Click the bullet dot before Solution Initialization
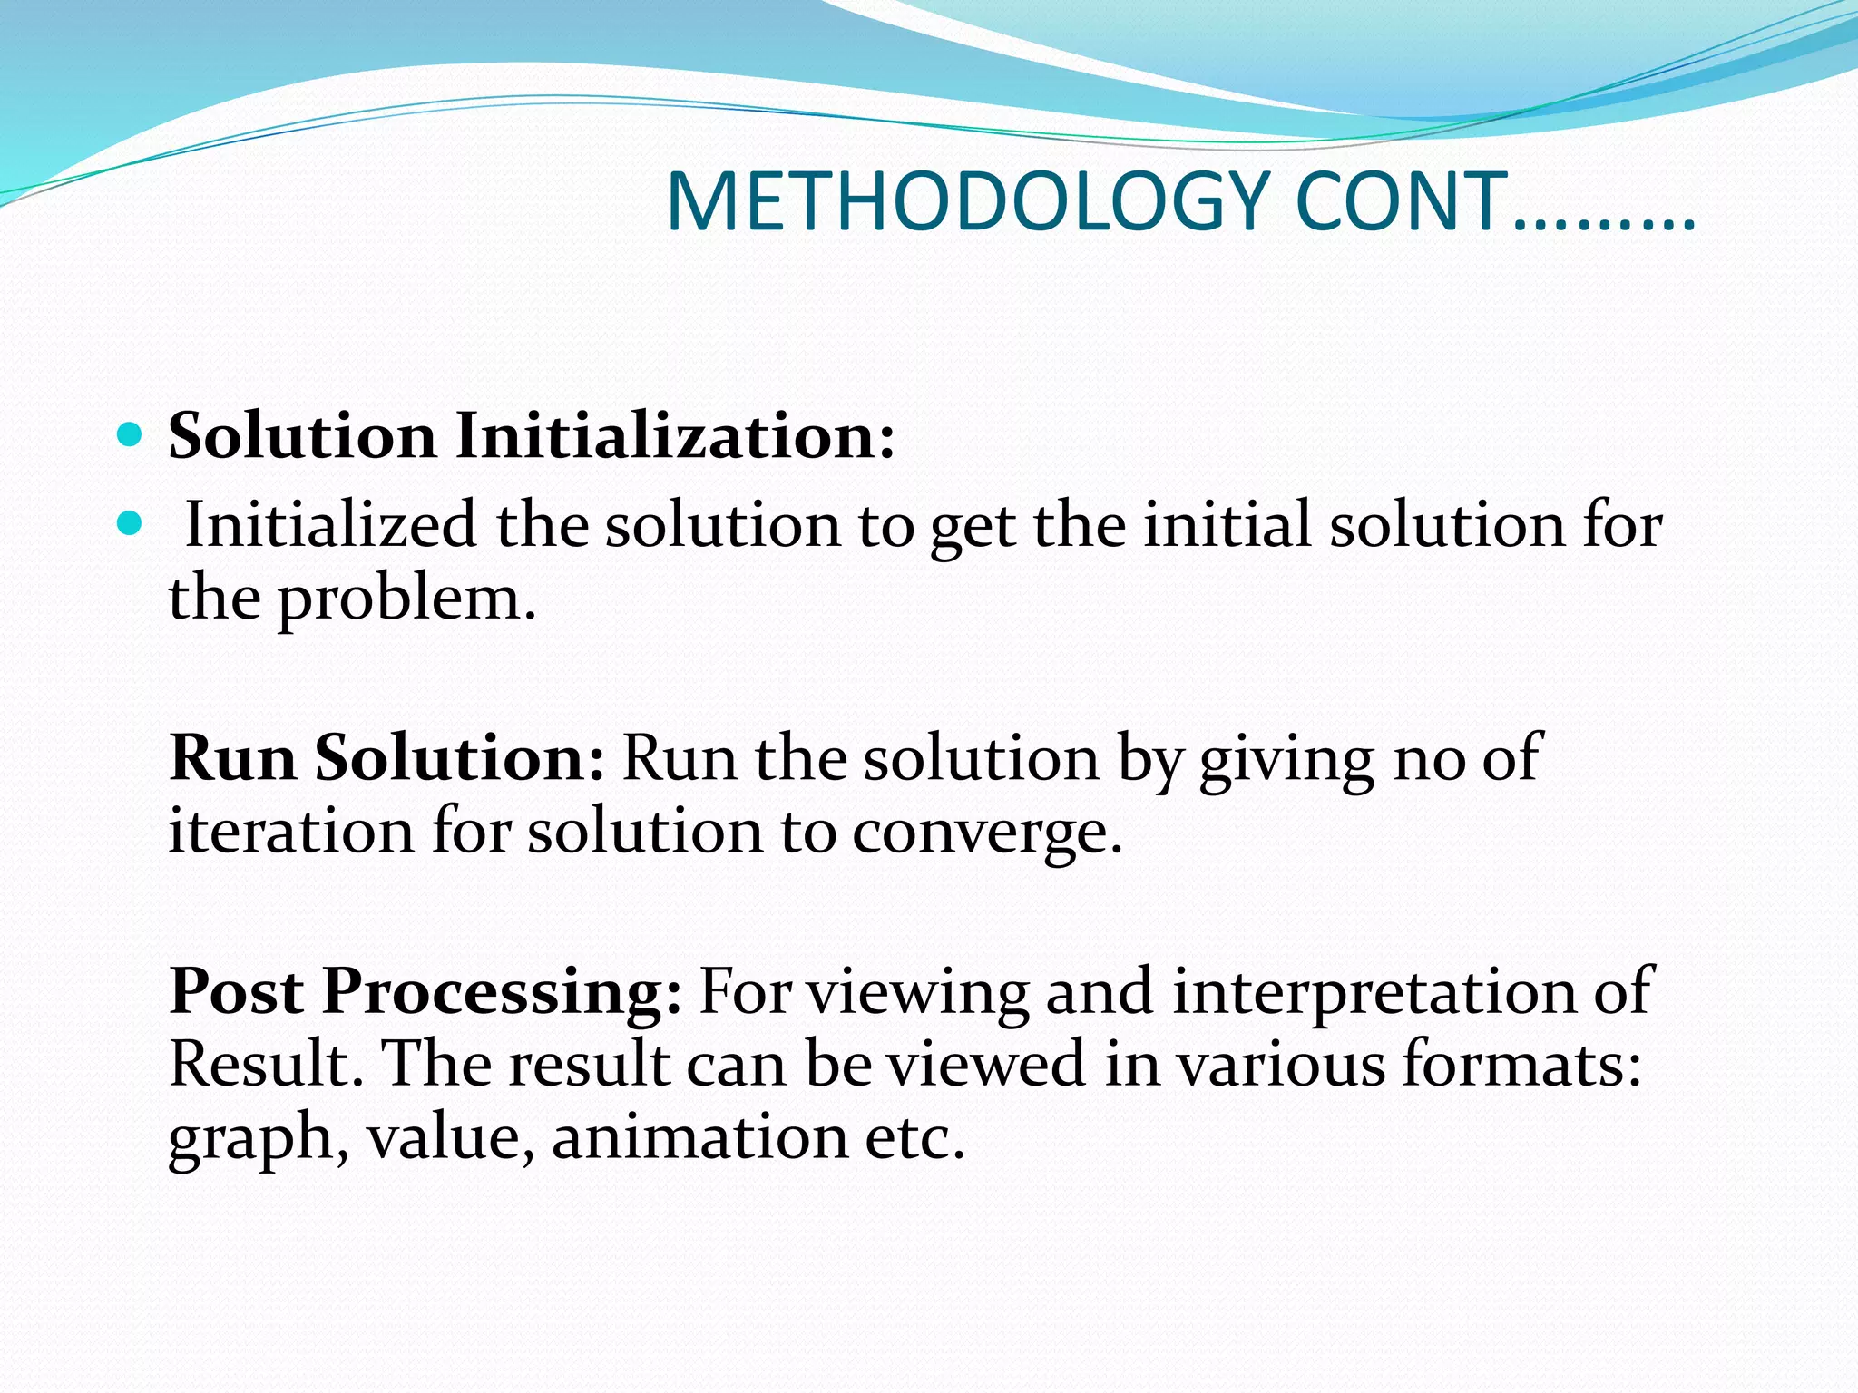pyautogui.click(x=131, y=435)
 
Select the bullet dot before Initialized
pyautogui.click(x=131, y=523)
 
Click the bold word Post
pyautogui.click(x=237, y=990)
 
